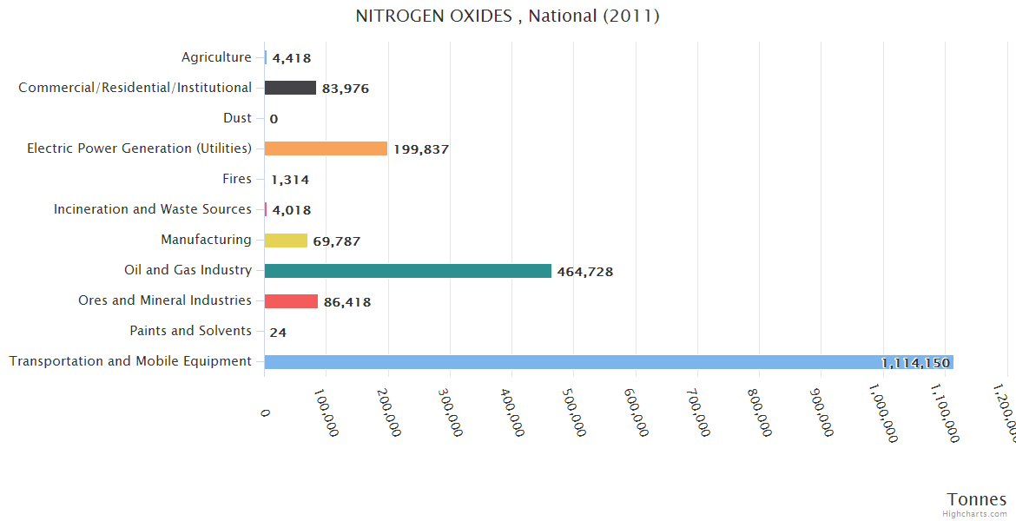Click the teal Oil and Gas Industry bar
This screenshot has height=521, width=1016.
point(407,271)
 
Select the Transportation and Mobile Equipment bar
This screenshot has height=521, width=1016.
point(608,362)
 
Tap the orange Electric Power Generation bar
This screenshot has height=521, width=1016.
point(326,148)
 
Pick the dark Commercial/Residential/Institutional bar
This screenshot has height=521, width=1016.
point(290,88)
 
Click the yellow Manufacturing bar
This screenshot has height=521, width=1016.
point(286,241)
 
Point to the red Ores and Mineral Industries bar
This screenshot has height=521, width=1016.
point(291,301)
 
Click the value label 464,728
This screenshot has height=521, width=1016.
point(585,272)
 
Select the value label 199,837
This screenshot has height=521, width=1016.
point(421,149)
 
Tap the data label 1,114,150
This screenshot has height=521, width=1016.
point(915,363)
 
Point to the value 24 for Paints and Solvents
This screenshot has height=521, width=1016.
point(278,333)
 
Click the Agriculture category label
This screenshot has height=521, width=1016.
point(216,57)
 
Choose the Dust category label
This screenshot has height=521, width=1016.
point(237,118)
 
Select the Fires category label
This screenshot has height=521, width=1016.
point(237,179)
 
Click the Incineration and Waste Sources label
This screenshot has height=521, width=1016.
point(153,209)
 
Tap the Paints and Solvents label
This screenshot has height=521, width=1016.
point(190,331)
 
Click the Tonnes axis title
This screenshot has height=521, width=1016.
point(977,499)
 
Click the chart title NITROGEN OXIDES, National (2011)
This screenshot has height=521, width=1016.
point(508,16)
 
